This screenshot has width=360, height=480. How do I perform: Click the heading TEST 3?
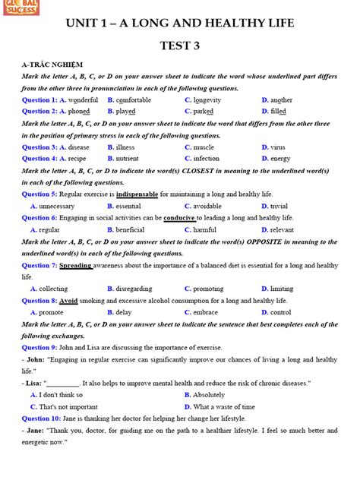179,46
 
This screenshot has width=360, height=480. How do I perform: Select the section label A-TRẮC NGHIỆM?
52,65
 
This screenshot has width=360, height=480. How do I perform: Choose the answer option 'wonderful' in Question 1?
82,99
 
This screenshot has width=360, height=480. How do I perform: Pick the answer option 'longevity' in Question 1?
210,99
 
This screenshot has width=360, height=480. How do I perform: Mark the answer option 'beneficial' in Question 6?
130,229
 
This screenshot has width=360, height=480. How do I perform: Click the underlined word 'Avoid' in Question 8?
68,301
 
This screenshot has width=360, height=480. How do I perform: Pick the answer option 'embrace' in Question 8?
209,312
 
